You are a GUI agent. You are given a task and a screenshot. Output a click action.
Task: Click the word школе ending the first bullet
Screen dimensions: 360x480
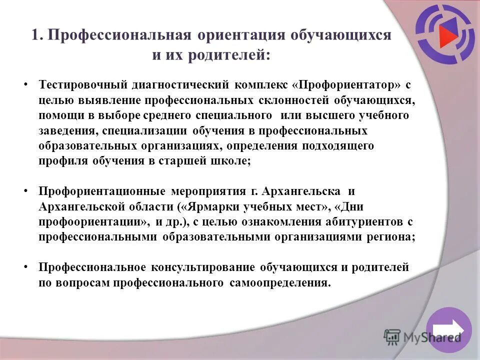point(229,161)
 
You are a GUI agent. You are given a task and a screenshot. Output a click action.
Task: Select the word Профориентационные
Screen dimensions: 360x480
point(102,191)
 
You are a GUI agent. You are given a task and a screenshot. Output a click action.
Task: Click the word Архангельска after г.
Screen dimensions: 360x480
point(304,191)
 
